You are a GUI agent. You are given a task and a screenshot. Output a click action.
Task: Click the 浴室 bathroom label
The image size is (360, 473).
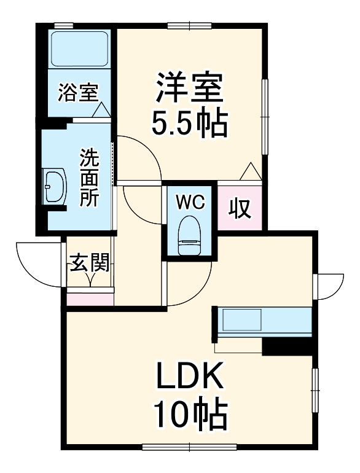click(x=78, y=93)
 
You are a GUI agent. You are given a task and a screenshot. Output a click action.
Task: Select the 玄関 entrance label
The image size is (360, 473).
click(x=90, y=264)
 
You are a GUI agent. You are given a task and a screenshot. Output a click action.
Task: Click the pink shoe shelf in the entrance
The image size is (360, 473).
click(x=90, y=300)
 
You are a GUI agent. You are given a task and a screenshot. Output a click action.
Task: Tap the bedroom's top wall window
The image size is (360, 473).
click(x=189, y=25)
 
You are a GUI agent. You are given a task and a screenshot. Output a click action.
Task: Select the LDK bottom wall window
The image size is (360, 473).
click(x=189, y=447)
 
